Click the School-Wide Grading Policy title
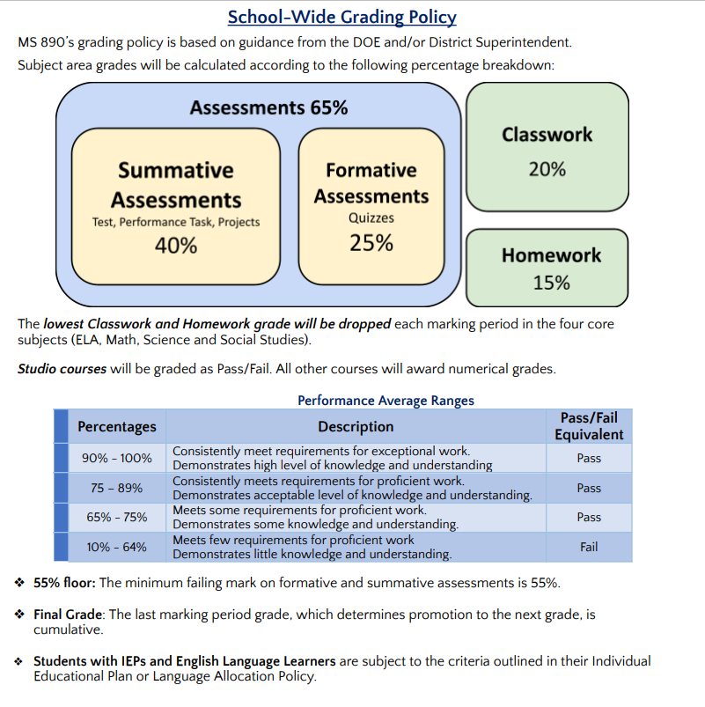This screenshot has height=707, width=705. coord(341,17)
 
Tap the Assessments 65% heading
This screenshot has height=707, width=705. coord(268,107)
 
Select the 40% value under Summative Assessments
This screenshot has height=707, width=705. coord(176,246)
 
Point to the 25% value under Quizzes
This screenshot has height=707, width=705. coord(371,243)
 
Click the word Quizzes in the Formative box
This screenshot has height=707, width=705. coord(371,217)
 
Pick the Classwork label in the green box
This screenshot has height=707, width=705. coord(547,135)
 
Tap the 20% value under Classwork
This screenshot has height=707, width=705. coord(547,169)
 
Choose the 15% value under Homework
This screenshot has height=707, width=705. coord(551,283)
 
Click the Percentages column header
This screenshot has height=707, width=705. coord(117,427)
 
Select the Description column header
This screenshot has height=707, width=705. coord(356,427)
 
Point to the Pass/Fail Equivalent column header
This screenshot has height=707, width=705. coord(589,426)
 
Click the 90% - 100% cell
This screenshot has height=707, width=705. coord(117,458)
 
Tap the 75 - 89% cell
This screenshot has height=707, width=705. coord(117,488)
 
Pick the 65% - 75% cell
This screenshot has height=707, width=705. coord(117,517)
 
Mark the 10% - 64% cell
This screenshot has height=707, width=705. coord(117,547)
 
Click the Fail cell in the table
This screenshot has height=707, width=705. coord(589,547)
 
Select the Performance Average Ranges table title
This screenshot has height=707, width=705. coord(386,401)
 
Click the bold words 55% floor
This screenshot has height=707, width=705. coord(64,583)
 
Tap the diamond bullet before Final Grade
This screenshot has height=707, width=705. coord(20,615)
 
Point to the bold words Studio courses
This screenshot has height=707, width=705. coord(62,369)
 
